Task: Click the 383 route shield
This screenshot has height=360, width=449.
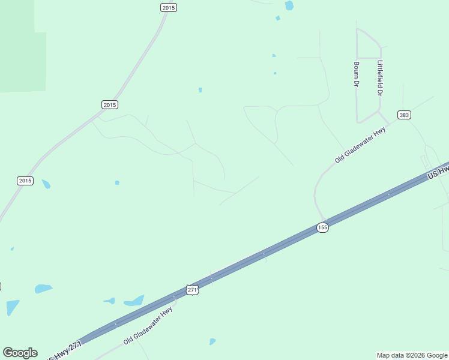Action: [x=403, y=115]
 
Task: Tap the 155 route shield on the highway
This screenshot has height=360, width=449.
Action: [x=322, y=227]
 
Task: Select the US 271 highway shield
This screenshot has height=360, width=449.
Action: [x=192, y=289]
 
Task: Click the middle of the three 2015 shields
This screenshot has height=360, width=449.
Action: [x=109, y=104]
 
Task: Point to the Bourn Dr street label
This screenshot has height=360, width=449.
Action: [x=356, y=74]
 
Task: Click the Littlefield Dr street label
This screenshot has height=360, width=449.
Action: [x=379, y=79]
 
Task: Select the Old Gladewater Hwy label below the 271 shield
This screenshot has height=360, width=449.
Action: [x=148, y=325]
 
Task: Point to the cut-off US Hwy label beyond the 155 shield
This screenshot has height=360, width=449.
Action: [x=438, y=171]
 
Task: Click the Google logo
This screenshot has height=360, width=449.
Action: [x=20, y=353]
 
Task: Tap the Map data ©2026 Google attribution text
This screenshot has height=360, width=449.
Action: [x=412, y=355]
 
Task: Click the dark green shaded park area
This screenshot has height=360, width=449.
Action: [x=22, y=60]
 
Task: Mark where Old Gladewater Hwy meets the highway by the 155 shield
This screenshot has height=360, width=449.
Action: [x=325, y=220]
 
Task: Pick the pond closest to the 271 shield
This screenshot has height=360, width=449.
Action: [x=134, y=301]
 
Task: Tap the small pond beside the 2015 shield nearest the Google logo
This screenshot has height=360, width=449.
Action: [x=46, y=184]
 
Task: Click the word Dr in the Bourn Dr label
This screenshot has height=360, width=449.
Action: [x=355, y=83]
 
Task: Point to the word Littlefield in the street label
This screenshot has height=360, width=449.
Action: [x=379, y=74]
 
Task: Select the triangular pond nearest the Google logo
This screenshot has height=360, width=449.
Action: [x=12, y=307]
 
